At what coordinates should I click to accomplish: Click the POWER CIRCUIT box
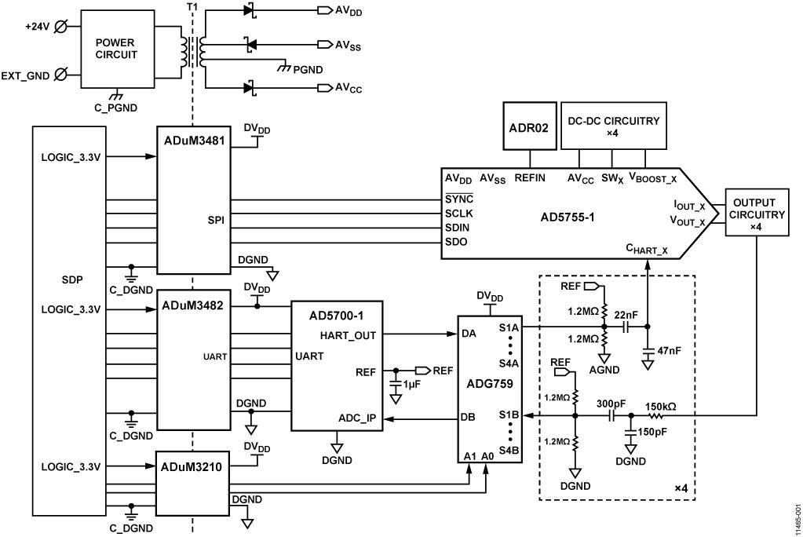116,49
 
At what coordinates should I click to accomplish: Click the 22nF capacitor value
626,315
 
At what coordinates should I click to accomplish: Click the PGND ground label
307,69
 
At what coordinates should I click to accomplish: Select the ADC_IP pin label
358,418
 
